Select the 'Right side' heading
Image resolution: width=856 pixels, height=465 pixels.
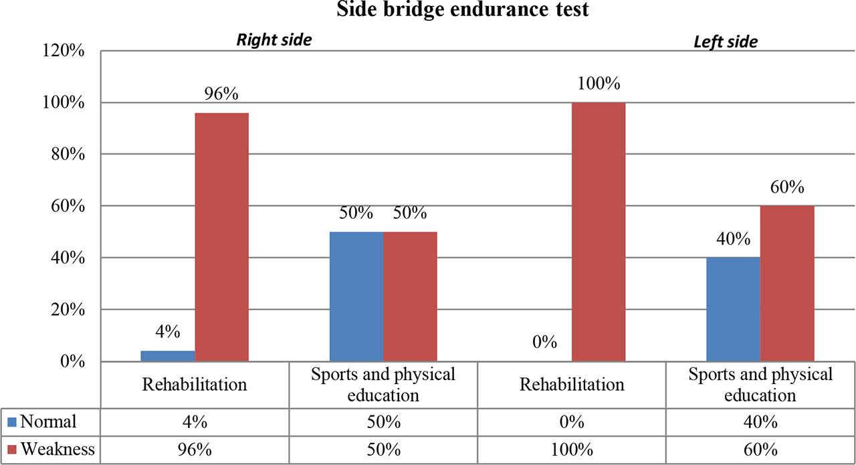click(x=274, y=39)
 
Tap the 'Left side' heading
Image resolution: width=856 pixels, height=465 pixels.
click(x=726, y=41)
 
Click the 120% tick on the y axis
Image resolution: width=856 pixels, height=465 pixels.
click(x=62, y=52)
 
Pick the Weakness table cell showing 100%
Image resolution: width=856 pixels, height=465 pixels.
click(x=572, y=450)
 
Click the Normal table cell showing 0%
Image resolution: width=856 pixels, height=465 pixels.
click(x=572, y=422)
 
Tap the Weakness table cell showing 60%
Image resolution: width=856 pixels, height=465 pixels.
click(x=760, y=450)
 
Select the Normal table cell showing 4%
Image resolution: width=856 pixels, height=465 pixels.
click(x=195, y=422)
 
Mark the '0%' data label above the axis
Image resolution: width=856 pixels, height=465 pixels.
click(x=545, y=343)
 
